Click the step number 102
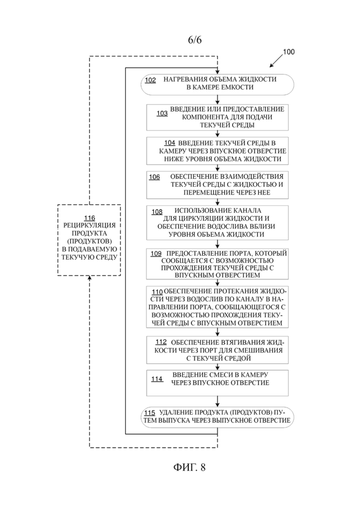[x=150, y=80]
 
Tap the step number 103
[x=162, y=114]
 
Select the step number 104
[x=170, y=143]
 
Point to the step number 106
[x=155, y=177]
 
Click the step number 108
[x=157, y=212]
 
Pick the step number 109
[x=156, y=253]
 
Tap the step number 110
[x=157, y=292]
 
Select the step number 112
[x=162, y=342]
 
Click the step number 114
[x=157, y=379]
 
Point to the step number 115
[x=150, y=413]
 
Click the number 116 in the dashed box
[x=90, y=218]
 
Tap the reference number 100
[x=288, y=52]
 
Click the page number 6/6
[x=195, y=40]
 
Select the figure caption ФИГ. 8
[x=190, y=467]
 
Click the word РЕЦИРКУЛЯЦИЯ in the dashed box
[x=90, y=225]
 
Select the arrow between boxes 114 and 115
[x=217, y=401]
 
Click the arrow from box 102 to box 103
[x=217, y=100]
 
